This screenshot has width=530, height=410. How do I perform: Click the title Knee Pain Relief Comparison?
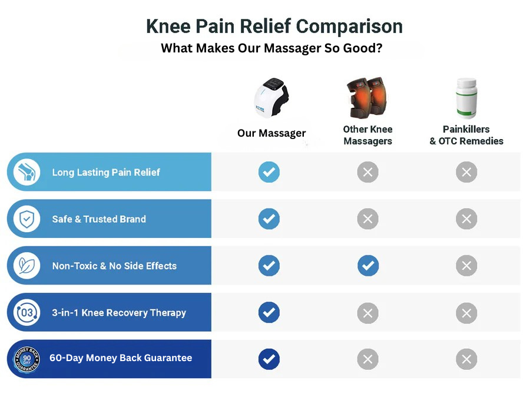click(x=274, y=27)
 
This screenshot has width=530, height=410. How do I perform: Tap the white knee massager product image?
click(x=271, y=97)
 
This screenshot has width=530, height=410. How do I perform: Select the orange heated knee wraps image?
click(x=367, y=97)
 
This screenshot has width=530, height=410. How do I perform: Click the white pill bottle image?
click(x=466, y=98)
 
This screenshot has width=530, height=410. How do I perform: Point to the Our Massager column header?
click(x=271, y=133)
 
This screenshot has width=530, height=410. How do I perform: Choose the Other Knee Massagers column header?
click(x=367, y=135)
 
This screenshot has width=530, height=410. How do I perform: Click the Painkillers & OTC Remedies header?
click(x=466, y=135)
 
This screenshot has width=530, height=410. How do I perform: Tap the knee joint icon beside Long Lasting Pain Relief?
click(x=26, y=171)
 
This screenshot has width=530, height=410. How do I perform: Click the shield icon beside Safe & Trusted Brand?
click(x=26, y=219)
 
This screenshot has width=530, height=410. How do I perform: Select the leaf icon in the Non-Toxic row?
click(x=26, y=265)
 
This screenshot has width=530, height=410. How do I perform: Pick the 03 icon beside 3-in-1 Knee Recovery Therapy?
click(x=26, y=312)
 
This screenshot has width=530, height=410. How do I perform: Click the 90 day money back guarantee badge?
click(x=26, y=359)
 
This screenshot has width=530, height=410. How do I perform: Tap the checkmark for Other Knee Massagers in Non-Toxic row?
click(x=368, y=265)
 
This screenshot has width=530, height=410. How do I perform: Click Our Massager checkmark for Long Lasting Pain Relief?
click(x=269, y=172)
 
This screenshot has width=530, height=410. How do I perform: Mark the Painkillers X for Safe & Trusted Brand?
click(x=466, y=219)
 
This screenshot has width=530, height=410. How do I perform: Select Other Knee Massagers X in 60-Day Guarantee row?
click(x=367, y=359)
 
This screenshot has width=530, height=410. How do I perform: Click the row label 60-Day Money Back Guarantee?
click(x=121, y=358)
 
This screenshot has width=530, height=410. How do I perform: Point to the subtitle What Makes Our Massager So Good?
click(x=271, y=48)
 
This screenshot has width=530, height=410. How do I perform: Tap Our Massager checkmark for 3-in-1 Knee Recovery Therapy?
click(x=269, y=312)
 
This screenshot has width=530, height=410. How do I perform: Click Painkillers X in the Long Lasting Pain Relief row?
click(x=466, y=172)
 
